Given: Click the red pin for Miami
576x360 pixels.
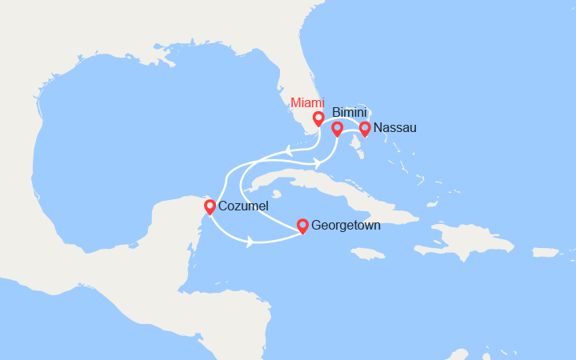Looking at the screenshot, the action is pyautogui.click(x=318, y=119).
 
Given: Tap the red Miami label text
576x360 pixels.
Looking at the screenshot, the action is pyautogui.click(x=308, y=102).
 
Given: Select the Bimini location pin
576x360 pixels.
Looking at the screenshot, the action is pyautogui.click(x=337, y=128).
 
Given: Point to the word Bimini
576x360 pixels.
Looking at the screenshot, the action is pyautogui.click(x=349, y=114).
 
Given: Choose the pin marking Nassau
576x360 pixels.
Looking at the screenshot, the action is pyautogui.click(x=365, y=128).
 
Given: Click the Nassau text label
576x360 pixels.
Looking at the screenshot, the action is pyautogui.click(x=394, y=127).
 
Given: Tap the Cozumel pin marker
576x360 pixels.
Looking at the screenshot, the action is pyautogui.click(x=210, y=207).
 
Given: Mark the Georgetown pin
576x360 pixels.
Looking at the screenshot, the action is pyautogui.click(x=302, y=226).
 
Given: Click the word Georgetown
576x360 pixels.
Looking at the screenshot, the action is pyautogui.click(x=346, y=226).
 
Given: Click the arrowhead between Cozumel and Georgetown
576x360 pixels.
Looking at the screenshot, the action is pyautogui.click(x=250, y=241).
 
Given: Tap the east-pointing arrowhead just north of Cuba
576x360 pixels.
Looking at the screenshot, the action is pyautogui.click(x=318, y=163).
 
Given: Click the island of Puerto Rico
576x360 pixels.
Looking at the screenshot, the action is pyautogui.click(x=546, y=252).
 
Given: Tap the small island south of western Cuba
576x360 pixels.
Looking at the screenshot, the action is pyautogui.click(x=276, y=194).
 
